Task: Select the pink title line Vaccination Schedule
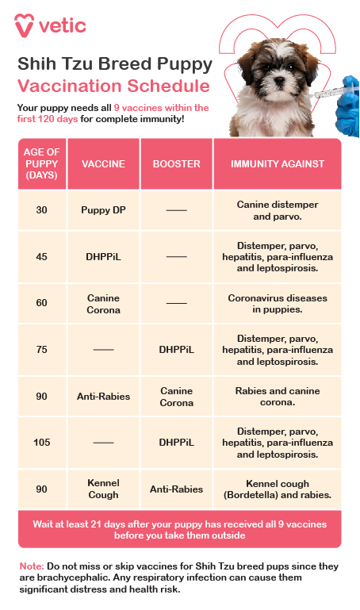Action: click(x=114, y=86)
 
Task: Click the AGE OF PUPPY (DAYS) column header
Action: click(x=42, y=164)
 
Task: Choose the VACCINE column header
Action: click(x=103, y=164)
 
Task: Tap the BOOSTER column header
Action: click(x=176, y=164)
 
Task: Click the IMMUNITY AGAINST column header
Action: click(x=278, y=164)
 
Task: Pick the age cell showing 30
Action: click(x=42, y=210)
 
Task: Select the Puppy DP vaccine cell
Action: click(x=103, y=210)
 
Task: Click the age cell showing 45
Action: click(x=42, y=257)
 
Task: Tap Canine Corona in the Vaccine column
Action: click(x=103, y=304)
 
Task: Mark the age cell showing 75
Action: click(x=42, y=350)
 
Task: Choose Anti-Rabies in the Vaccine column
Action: click(x=103, y=397)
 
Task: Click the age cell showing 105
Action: click(x=42, y=443)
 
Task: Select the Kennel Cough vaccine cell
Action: click(x=103, y=489)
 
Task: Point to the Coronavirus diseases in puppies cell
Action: click(x=278, y=304)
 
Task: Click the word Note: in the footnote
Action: click(x=32, y=566)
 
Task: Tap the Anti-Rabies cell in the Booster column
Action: click(x=176, y=489)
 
